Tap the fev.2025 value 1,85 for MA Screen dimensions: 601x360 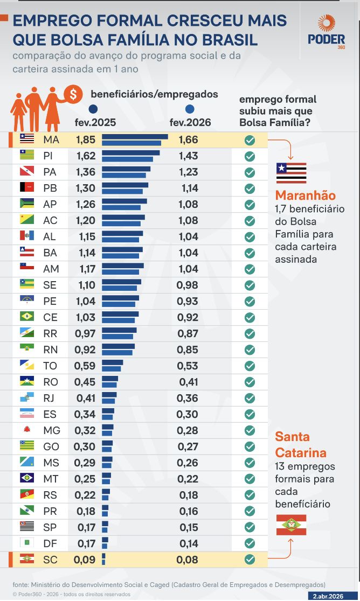85,140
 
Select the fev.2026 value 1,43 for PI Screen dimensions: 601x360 188,156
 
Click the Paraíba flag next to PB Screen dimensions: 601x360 27,188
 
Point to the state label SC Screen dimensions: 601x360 50,560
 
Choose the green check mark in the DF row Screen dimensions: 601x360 250,543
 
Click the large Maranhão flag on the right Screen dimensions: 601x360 291,173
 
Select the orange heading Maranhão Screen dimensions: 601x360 305,195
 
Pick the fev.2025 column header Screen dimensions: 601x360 95,122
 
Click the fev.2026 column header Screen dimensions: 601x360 190,122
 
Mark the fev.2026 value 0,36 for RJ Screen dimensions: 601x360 188,398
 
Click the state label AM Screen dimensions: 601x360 50,269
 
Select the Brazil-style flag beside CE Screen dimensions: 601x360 27,317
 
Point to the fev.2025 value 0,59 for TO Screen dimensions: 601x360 85,366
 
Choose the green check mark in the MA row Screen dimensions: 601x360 250,140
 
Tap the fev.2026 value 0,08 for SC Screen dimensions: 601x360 188,560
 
